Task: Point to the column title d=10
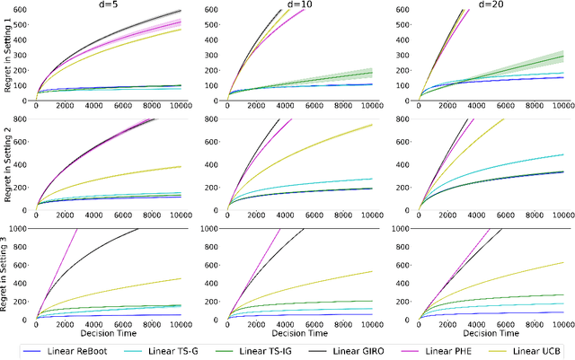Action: pos(298,5)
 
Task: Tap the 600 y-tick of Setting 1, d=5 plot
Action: pos(24,10)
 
